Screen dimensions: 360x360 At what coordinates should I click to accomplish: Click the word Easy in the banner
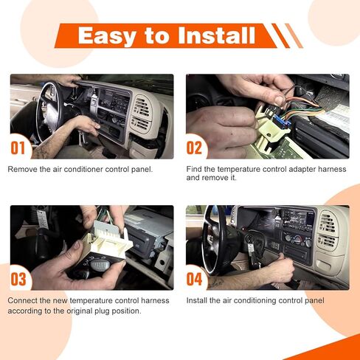[107, 36]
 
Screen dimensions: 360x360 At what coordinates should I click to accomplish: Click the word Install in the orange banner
[217, 35]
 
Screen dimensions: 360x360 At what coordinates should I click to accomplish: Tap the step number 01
[18, 148]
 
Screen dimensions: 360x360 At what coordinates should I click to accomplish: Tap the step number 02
[194, 148]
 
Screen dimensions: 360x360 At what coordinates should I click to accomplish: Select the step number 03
[18, 280]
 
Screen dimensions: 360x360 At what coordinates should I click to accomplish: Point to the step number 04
[194, 279]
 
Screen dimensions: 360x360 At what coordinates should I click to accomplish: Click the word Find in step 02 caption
[194, 169]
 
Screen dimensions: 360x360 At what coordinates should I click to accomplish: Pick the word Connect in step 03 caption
[22, 301]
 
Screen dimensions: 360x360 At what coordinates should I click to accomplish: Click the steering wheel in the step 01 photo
[49, 111]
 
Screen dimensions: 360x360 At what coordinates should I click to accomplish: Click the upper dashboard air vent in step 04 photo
[328, 223]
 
